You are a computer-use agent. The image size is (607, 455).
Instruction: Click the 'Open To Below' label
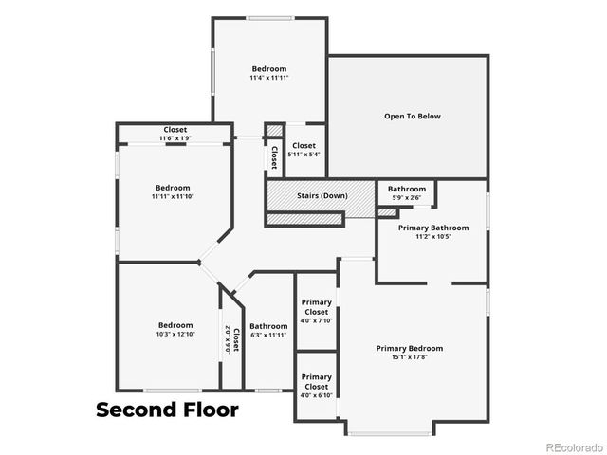(x=412, y=117)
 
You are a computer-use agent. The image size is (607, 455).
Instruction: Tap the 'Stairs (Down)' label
(x=320, y=195)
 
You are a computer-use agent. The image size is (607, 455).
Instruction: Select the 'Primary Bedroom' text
(x=410, y=348)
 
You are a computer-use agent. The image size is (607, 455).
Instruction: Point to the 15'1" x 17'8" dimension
(x=410, y=357)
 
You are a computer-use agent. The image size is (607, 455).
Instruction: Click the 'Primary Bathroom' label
(x=433, y=227)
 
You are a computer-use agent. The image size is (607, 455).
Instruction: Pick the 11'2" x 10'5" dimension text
(x=433, y=237)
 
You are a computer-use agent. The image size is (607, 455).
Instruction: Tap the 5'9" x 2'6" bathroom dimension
(x=407, y=198)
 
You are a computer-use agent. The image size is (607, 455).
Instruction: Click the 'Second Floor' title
(x=167, y=409)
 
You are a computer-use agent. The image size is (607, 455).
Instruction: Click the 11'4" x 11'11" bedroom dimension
(x=268, y=78)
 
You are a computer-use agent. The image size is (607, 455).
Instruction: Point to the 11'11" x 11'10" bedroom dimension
(x=173, y=196)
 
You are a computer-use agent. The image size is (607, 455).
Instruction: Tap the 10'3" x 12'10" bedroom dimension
(x=175, y=335)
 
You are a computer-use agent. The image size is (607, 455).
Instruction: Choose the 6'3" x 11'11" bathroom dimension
(x=268, y=335)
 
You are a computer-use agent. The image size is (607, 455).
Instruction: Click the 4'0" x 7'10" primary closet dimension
(x=317, y=320)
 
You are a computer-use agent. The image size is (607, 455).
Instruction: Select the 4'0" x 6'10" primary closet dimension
(x=317, y=395)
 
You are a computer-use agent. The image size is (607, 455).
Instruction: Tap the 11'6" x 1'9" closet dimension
(x=175, y=138)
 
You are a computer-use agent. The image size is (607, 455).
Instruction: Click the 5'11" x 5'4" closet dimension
(x=304, y=155)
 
